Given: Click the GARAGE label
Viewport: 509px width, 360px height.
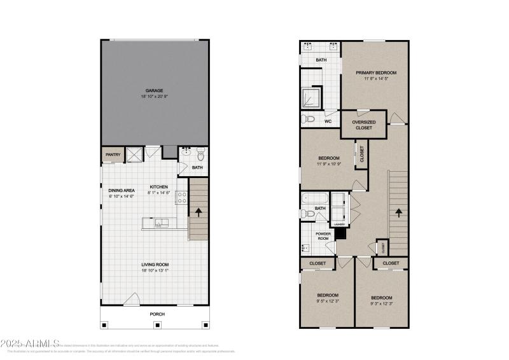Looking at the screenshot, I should pos(155,90).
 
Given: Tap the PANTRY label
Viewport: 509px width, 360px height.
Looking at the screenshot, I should pos(113,154).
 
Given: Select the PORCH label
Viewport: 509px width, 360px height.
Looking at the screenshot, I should pos(157,314).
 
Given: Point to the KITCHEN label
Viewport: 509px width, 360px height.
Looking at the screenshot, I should pos(159,186).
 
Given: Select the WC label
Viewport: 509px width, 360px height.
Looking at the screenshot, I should pos(328,121).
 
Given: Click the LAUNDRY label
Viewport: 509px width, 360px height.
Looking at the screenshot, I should pos(337,224).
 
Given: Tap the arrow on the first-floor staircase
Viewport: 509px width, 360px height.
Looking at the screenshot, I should pos(199,212).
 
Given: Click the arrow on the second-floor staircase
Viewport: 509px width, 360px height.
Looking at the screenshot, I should pos(399,212).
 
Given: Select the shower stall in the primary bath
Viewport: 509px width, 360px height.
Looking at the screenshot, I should pos(312,97).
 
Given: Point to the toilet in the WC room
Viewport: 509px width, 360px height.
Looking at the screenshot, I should pos(310,119).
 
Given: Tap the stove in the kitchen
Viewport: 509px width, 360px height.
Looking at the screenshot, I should pos(181,198).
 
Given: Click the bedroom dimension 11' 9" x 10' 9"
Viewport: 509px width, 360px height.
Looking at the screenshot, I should pos(328,163).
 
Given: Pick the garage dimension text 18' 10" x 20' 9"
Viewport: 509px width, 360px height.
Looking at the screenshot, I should pos(155,97).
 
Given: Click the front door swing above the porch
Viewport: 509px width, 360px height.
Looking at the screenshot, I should pos(132,298).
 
